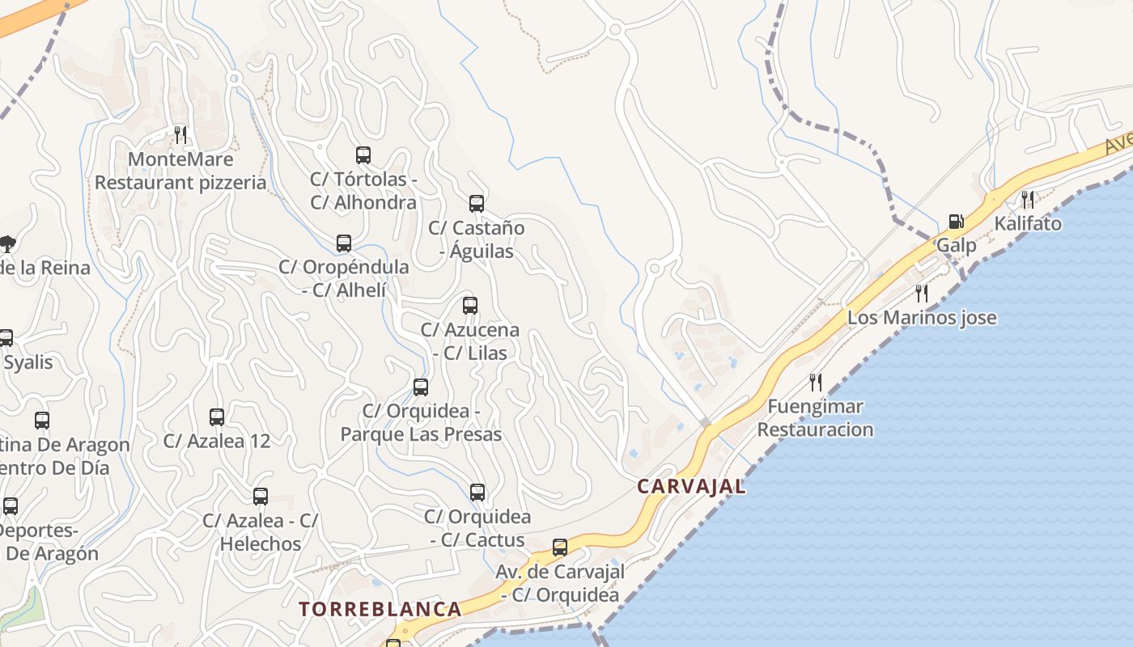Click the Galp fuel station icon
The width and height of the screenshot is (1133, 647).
tap(956, 221)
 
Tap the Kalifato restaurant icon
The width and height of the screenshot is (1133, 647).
tap(1027, 198)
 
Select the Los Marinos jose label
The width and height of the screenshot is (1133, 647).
tap(922, 318)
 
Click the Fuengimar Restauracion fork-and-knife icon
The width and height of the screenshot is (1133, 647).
tap(816, 381)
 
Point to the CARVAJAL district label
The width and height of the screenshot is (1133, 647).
tap(690, 487)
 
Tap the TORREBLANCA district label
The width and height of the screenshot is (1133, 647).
tap(380, 609)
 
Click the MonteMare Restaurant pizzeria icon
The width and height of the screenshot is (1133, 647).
tap(180, 134)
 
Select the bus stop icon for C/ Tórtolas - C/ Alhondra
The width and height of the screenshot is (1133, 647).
tap(363, 154)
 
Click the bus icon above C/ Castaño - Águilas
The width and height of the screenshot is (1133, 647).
tap(477, 203)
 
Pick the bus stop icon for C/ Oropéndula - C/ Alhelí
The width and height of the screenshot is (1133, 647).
tap(344, 243)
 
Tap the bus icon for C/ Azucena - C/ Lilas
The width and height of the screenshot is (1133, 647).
tap(470, 305)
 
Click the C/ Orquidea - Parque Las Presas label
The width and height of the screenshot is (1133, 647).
tap(421, 423)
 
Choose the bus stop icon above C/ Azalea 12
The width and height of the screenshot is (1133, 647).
tap(217, 417)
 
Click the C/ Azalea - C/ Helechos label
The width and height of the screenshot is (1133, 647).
tap(261, 532)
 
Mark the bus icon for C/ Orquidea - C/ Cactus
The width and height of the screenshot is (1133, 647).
tap(477, 492)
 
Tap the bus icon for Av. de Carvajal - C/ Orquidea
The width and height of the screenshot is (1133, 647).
tap(560, 547)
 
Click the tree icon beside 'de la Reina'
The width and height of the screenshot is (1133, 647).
tap(7, 243)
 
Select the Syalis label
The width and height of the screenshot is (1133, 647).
tap(28, 362)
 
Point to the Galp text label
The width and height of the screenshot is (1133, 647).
tap(957, 244)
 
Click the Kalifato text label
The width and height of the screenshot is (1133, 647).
tap(1028, 223)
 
